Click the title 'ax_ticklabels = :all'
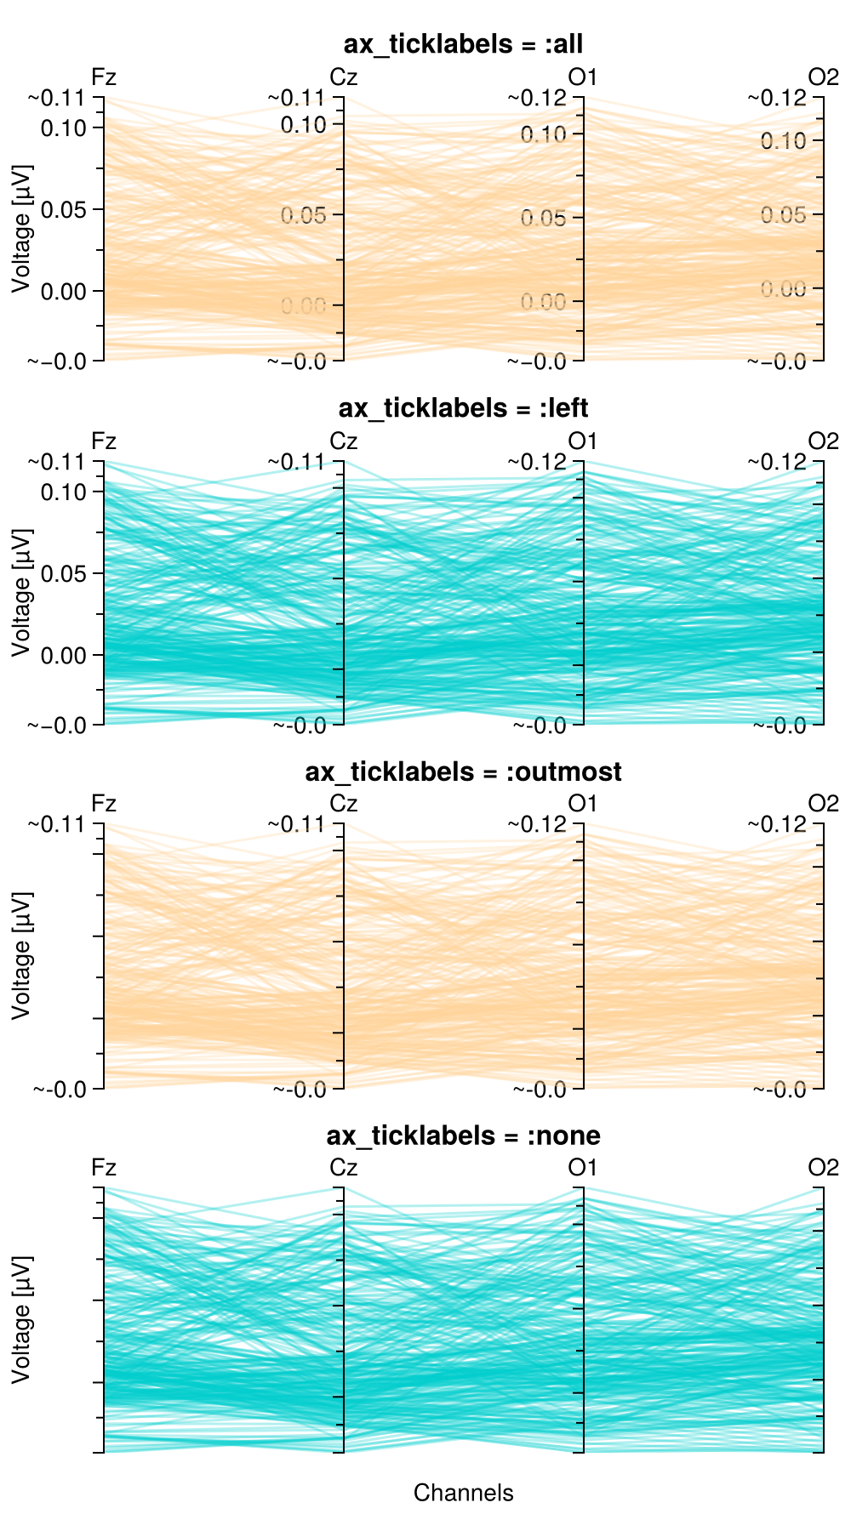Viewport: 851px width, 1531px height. click(463, 44)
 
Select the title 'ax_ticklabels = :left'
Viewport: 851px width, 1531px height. click(463, 408)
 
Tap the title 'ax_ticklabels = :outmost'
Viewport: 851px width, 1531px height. click(463, 771)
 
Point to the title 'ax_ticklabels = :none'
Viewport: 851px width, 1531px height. click(463, 1135)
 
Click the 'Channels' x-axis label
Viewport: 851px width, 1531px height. click(463, 1492)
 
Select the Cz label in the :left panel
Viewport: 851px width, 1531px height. click(343, 441)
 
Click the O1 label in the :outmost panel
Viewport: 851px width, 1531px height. click(583, 804)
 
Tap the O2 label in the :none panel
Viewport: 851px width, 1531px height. click(823, 1167)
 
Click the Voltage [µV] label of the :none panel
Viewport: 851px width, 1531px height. click(22, 1319)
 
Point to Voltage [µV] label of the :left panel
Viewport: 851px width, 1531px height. click(22, 592)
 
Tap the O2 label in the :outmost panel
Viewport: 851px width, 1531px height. click(823, 804)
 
